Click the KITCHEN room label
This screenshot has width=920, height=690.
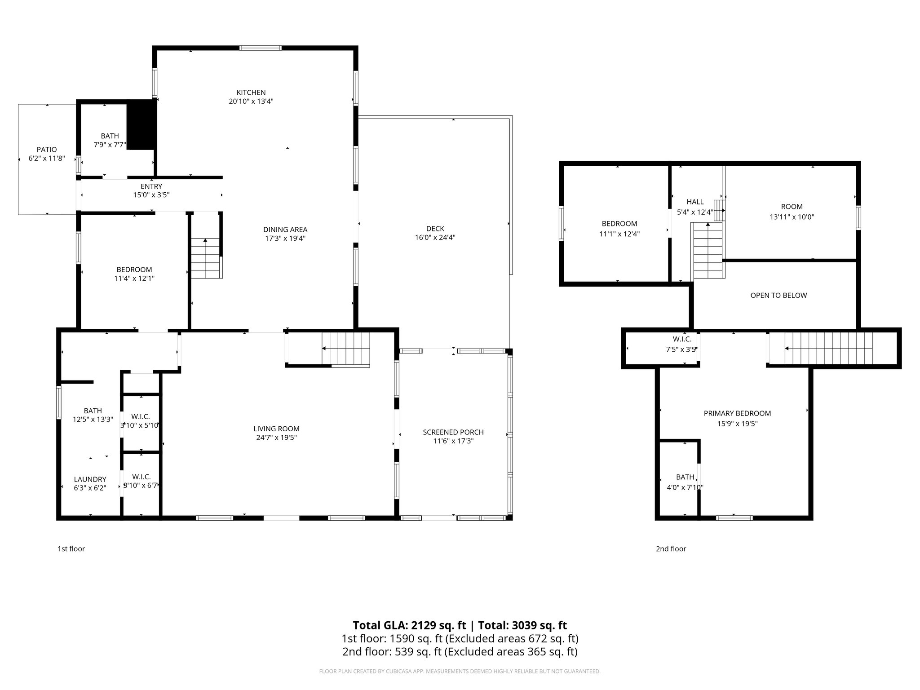251,93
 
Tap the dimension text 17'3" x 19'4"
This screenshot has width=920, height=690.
285,239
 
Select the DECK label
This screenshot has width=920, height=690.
435,229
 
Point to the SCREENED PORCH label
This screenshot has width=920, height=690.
453,432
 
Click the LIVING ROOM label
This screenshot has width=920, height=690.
276,429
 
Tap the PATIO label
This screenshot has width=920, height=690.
47,150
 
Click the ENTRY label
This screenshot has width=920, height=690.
151,186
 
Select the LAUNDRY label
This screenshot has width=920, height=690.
90,479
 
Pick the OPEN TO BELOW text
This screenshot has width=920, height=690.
778,295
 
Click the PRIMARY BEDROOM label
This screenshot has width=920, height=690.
737,413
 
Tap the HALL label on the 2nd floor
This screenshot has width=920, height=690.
695,202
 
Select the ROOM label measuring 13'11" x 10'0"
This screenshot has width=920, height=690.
792,207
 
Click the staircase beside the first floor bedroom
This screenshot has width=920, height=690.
206,259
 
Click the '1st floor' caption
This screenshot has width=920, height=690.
71,548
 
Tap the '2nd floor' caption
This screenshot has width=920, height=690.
671,548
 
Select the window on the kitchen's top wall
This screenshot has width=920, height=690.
261,48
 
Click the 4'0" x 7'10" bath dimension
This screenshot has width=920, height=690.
685,487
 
